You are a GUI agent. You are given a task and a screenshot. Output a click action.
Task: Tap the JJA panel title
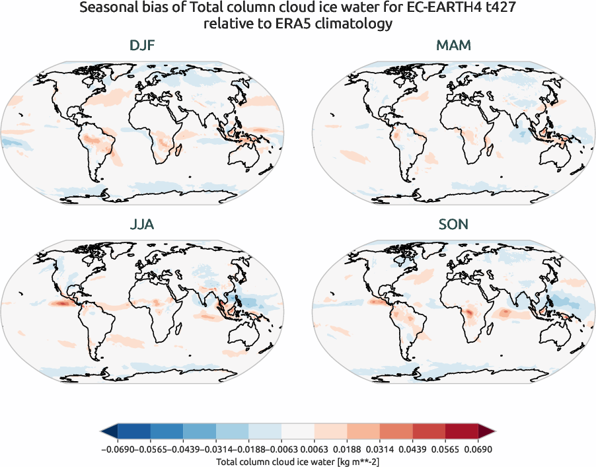coord(143,225)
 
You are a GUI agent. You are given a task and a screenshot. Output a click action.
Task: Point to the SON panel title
coord(453,225)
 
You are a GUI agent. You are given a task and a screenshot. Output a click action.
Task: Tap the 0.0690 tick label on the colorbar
coord(478,449)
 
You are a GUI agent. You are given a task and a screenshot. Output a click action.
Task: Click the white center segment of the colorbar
coord(297,432)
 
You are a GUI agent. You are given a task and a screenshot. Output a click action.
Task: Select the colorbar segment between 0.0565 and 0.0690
coord(461,432)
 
